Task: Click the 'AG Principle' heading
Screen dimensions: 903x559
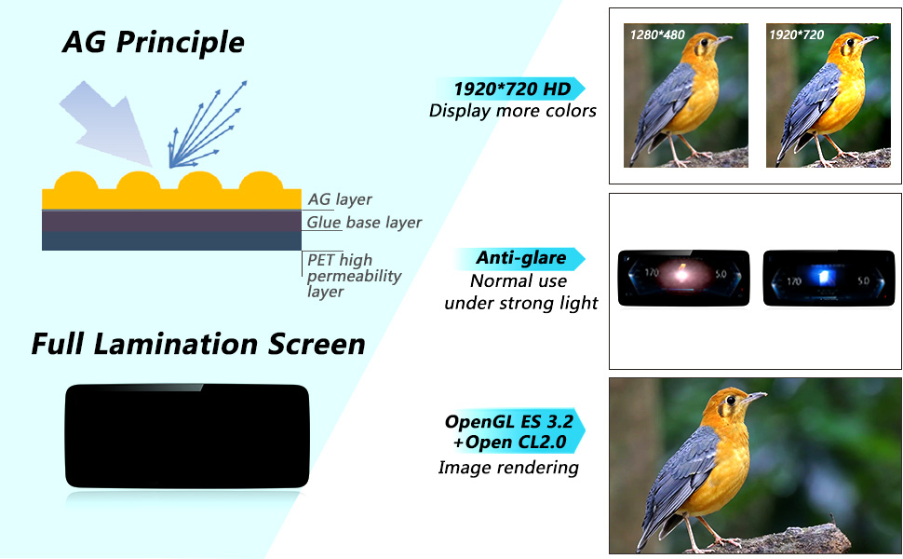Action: click(x=154, y=42)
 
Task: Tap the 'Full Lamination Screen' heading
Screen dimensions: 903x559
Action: click(x=198, y=344)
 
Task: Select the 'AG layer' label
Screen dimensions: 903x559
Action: click(x=340, y=199)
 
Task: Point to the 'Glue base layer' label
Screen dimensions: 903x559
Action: click(x=364, y=223)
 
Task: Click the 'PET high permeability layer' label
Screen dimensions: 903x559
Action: click(x=354, y=276)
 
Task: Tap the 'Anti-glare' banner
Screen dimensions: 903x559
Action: click(x=520, y=257)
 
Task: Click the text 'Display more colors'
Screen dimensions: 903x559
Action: click(x=513, y=111)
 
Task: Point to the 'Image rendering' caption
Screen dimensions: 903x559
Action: click(x=508, y=468)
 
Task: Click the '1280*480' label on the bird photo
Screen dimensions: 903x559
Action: click(x=657, y=34)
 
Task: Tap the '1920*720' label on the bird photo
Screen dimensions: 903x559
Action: click(x=797, y=34)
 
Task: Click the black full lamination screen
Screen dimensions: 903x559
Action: click(x=187, y=436)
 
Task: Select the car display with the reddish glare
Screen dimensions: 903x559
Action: click(x=683, y=278)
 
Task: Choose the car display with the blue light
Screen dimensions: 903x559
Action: click(x=829, y=278)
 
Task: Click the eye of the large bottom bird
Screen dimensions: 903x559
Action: click(x=731, y=400)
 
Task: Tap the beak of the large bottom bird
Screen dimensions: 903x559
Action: click(x=754, y=397)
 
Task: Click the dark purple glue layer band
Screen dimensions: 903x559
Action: click(x=171, y=222)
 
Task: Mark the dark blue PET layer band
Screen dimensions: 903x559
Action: click(x=171, y=241)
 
